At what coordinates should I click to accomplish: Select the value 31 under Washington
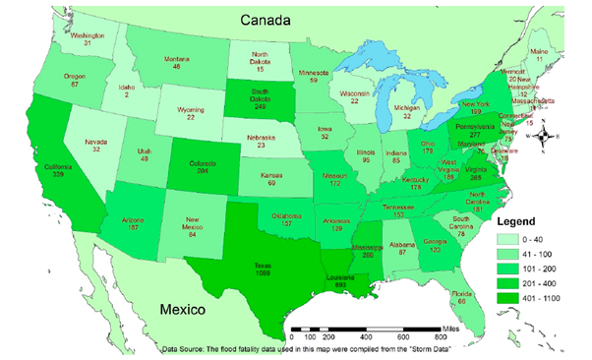[x=88, y=42]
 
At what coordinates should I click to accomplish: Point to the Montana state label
[x=177, y=62]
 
